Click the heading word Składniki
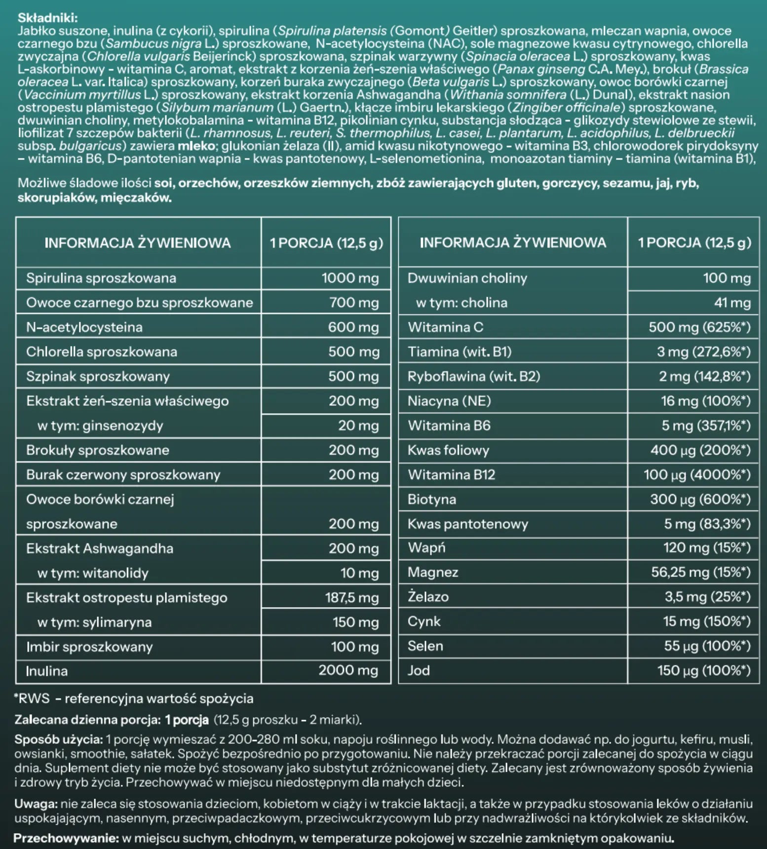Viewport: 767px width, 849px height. click(x=47, y=18)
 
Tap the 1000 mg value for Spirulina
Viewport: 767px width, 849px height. click(x=350, y=278)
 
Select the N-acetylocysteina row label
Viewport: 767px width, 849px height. click(x=84, y=327)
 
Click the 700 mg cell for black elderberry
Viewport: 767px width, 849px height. click(x=354, y=303)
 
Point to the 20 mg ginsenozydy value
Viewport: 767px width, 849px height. click(x=358, y=425)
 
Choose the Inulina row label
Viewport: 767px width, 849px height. click(x=47, y=671)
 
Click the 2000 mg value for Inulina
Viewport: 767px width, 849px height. click(x=348, y=670)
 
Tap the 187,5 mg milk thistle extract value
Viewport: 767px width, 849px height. click(x=351, y=598)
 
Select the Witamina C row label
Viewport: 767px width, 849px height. click(x=445, y=327)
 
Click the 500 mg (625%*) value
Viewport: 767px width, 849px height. click(x=699, y=327)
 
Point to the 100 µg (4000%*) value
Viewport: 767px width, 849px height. click(x=696, y=475)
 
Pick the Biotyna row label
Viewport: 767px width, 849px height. click(x=432, y=500)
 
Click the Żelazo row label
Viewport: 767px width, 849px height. click(x=428, y=597)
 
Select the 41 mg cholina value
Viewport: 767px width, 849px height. click(x=732, y=303)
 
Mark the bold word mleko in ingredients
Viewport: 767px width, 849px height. click(x=196, y=146)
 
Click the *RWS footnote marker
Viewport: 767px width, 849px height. click(x=32, y=698)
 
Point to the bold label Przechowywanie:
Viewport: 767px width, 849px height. click(x=66, y=838)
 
